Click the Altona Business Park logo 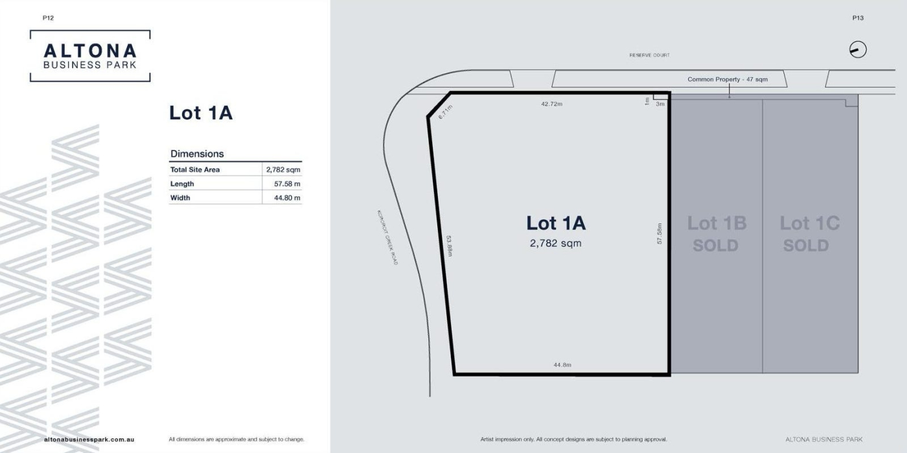click(90, 56)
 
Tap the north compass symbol click(858, 50)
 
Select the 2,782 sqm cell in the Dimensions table click(283, 170)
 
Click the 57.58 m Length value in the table click(287, 184)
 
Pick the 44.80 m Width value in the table click(287, 198)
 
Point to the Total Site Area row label click(195, 170)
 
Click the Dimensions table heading click(197, 154)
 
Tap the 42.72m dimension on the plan click(551, 104)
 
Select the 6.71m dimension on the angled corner click(446, 112)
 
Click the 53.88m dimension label click(449, 246)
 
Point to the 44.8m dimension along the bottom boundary click(562, 365)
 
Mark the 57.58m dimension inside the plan click(660, 233)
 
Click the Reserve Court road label click(649, 55)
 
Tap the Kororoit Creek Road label click(387, 237)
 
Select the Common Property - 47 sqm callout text click(727, 80)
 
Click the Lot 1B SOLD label click(717, 234)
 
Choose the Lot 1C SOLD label click(809, 234)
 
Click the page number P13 click(858, 18)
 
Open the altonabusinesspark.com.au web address click(89, 439)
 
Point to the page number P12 click(48, 18)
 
